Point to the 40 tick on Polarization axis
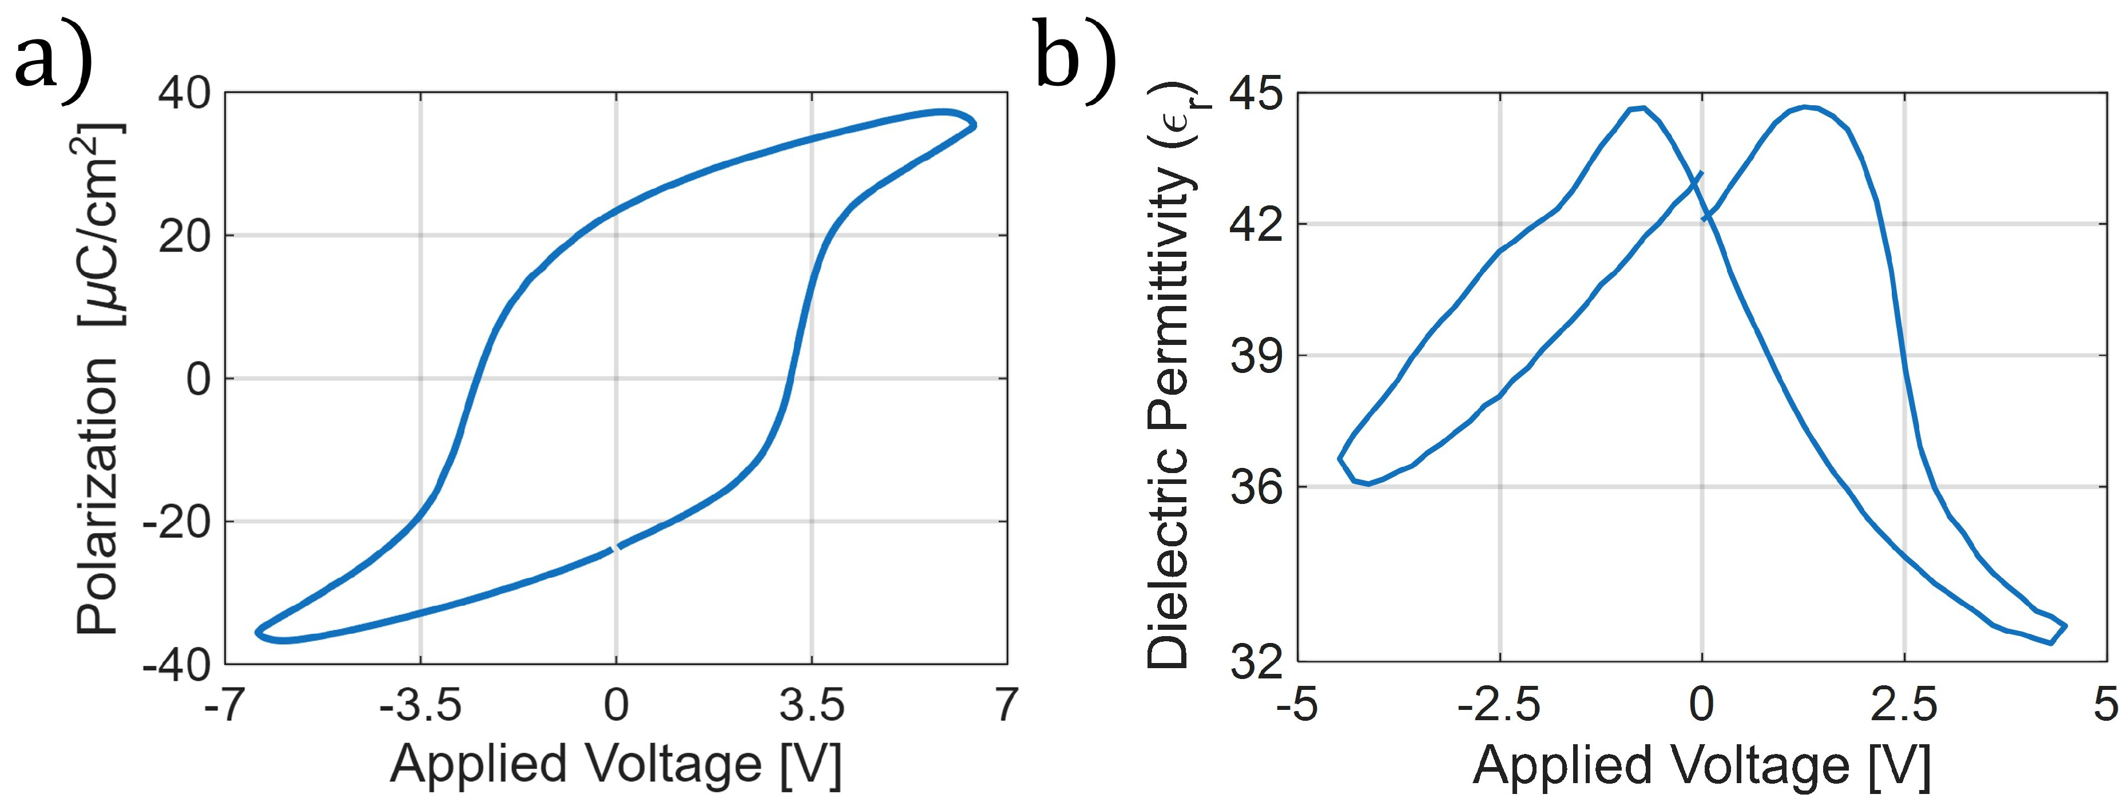(184, 93)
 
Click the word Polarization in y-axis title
(97, 495)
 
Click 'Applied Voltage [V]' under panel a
(616, 764)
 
